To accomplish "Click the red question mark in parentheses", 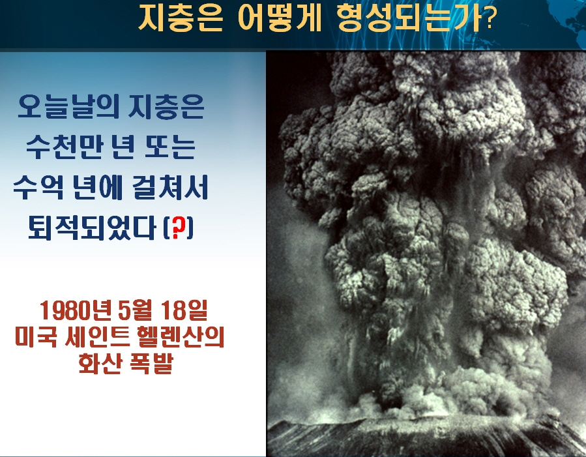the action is coord(179,228).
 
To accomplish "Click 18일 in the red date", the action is coord(184,311).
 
